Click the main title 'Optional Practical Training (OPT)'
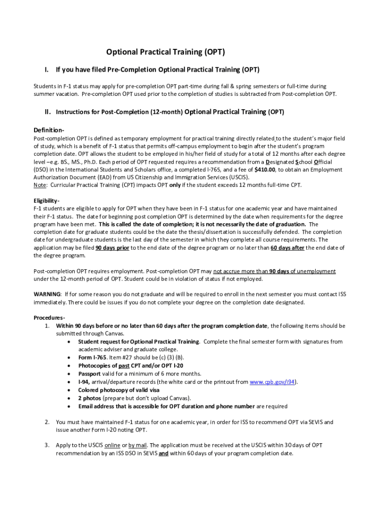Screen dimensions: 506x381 click(x=162, y=52)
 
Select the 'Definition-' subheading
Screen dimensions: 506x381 click(x=49, y=130)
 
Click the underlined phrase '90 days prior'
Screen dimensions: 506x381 click(x=112, y=248)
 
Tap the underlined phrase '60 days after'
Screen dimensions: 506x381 click(x=287, y=248)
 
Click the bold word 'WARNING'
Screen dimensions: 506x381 click(x=47, y=294)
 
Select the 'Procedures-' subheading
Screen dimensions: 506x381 click(x=49, y=317)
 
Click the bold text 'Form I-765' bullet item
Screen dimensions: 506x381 click(x=92, y=357)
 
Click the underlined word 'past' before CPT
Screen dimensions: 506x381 click(x=125, y=366)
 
